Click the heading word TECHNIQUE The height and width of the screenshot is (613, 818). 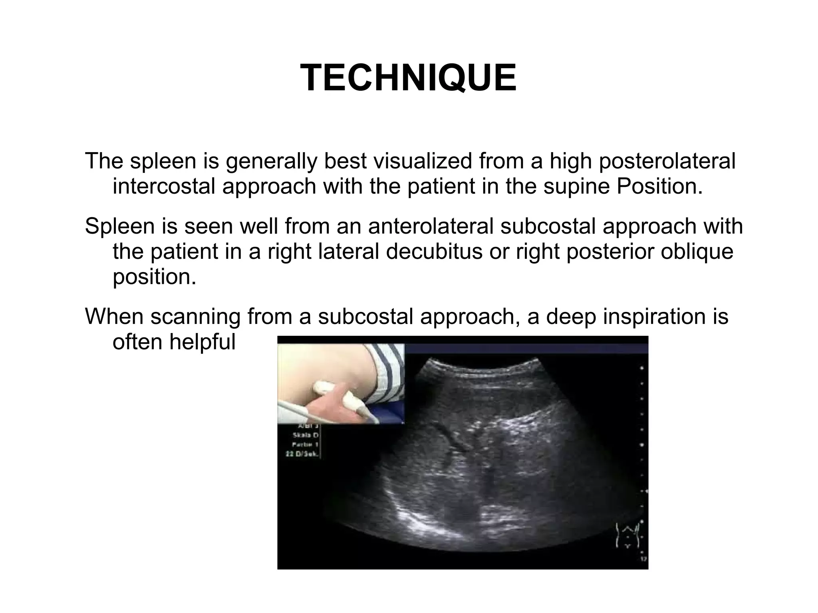(x=408, y=78)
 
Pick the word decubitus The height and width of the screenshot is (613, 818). (x=434, y=252)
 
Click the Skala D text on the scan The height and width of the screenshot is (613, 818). (x=305, y=435)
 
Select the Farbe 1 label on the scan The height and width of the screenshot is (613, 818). (x=305, y=444)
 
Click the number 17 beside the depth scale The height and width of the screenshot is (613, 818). (x=643, y=559)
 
